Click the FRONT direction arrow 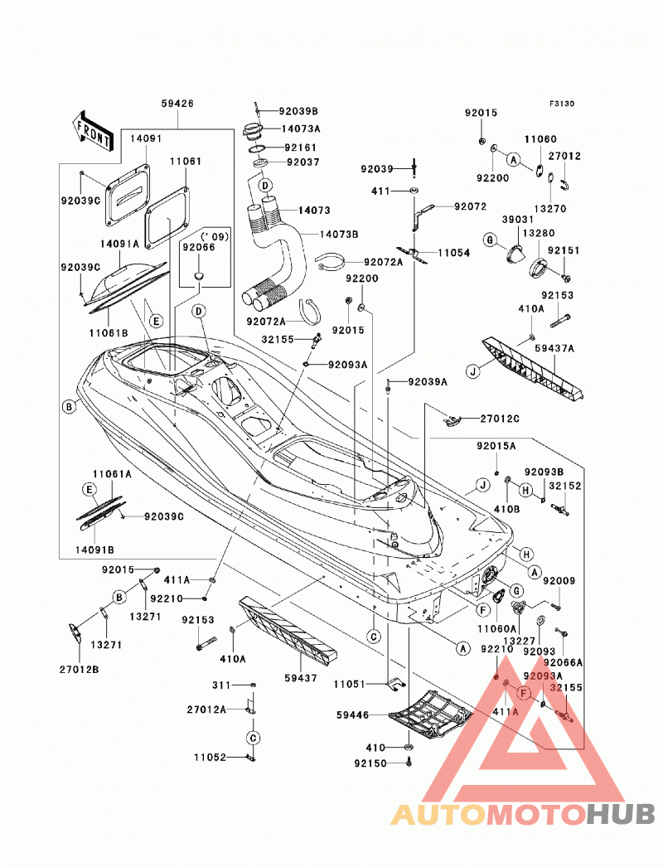click(x=92, y=132)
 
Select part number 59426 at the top click(x=177, y=104)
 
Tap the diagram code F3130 click(x=562, y=104)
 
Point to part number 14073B click(x=339, y=234)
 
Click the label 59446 click(x=352, y=715)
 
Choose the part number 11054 click(x=454, y=253)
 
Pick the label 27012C click(x=500, y=419)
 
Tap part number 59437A click(x=554, y=348)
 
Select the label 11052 click(x=211, y=757)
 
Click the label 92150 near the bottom click(x=370, y=763)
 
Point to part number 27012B click(x=80, y=670)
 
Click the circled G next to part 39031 click(x=490, y=240)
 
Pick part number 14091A click(x=119, y=244)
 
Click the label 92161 click(x=301, y=148)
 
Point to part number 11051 click(x=350, y=684)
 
